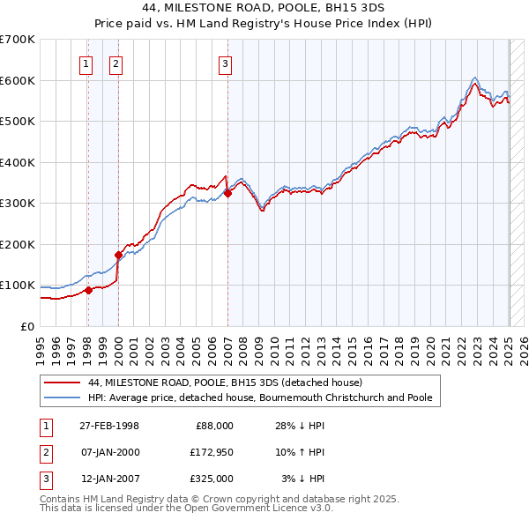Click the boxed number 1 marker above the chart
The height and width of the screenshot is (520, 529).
click(86, 63)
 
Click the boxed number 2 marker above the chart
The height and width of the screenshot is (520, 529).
click(116, 63)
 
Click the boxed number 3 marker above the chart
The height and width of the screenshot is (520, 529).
click(226, 63)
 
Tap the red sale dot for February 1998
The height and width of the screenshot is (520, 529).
click(88, 290)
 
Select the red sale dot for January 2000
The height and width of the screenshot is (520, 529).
click(118, 255)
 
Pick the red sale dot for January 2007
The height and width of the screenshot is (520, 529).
click(227, 193)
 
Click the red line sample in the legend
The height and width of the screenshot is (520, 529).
click(62, 383)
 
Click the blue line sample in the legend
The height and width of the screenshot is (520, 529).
click(62, 397)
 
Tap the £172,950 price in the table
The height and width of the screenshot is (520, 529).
click(212, 452)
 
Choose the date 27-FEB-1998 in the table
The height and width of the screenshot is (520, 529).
click(109, 426)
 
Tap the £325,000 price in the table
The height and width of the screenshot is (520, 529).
click(212, 479)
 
